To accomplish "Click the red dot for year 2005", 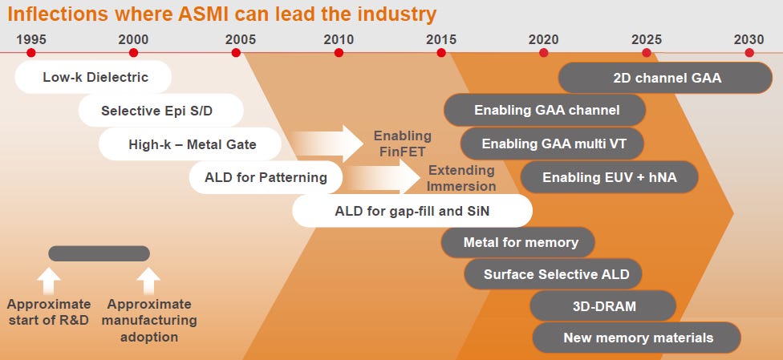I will [236, 53].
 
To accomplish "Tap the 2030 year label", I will [749, 38].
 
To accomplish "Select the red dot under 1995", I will [31, 53].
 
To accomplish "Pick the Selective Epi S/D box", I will [160, 111].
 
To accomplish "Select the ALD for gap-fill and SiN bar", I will [412, 211].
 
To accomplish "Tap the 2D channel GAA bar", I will [666, 78].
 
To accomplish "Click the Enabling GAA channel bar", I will [546, 110].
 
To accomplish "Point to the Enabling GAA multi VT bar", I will [553, 144].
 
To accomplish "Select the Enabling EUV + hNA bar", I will [609, 177].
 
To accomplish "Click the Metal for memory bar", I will [520, 242].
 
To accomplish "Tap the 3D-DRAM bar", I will [604, 305].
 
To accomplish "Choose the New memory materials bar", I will [637, 338].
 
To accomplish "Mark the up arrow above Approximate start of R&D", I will [49, 281].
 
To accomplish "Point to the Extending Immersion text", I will [460, 178].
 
